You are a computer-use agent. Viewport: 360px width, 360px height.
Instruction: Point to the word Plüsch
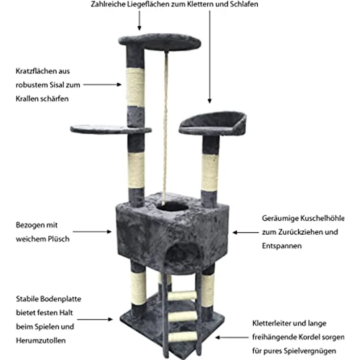click(59, 239)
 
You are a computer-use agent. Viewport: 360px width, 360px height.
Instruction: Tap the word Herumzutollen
click(41, 340)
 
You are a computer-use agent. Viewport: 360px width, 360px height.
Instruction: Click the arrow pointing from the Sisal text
click(102, 85)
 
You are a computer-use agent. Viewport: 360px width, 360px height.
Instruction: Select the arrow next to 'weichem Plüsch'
click(92, 232)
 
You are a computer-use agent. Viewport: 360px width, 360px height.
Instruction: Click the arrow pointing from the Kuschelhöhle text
click(246, 232)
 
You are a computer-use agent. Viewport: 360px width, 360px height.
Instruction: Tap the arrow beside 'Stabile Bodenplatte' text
click(95, 319)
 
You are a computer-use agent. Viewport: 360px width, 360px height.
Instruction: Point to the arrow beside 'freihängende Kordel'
click(232, 337)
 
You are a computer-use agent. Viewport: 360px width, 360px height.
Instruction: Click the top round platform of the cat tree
click(160, 42)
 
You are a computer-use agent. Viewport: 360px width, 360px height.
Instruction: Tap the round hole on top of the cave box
click(173, 207)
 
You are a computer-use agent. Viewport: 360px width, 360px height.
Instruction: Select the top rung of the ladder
click(182, 296)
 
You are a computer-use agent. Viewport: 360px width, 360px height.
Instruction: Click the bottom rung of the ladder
click(183, 337)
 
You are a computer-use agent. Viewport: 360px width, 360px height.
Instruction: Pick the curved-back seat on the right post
click(213, 124)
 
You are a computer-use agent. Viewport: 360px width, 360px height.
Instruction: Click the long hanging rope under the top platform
click(165, 128)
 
